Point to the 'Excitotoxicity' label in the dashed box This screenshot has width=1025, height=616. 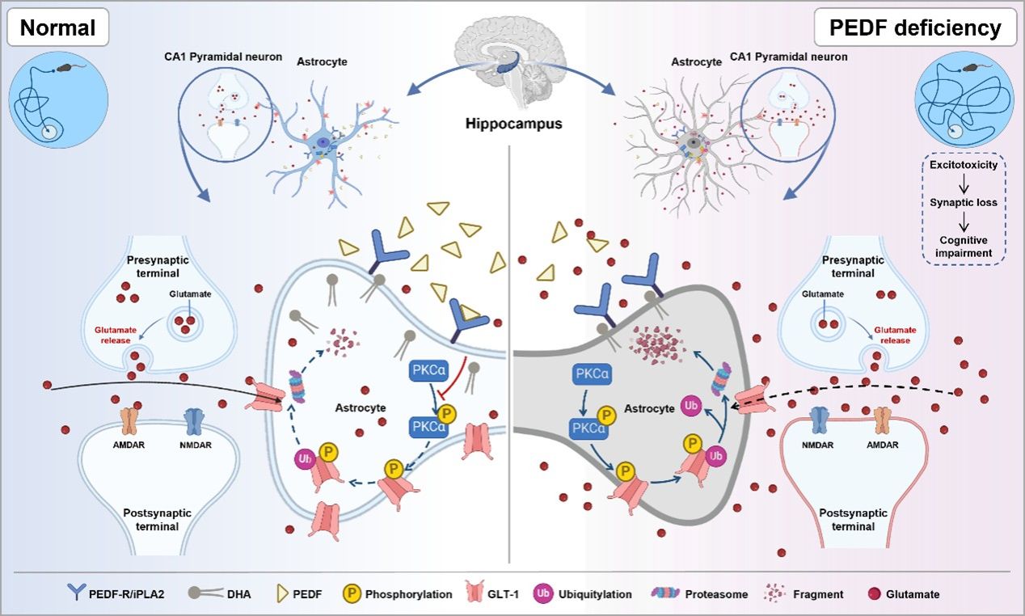click(x=964, y=165)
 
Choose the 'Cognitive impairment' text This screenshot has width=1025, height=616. click(x=964, y=246)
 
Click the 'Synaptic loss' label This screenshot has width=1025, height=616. click(x=964, y=202)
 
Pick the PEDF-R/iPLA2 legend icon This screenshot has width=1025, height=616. click(x=74, y=594)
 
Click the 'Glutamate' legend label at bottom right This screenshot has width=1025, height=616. click(x=913, y=594)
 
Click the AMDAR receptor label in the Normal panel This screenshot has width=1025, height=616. click(x=129, y=443)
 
